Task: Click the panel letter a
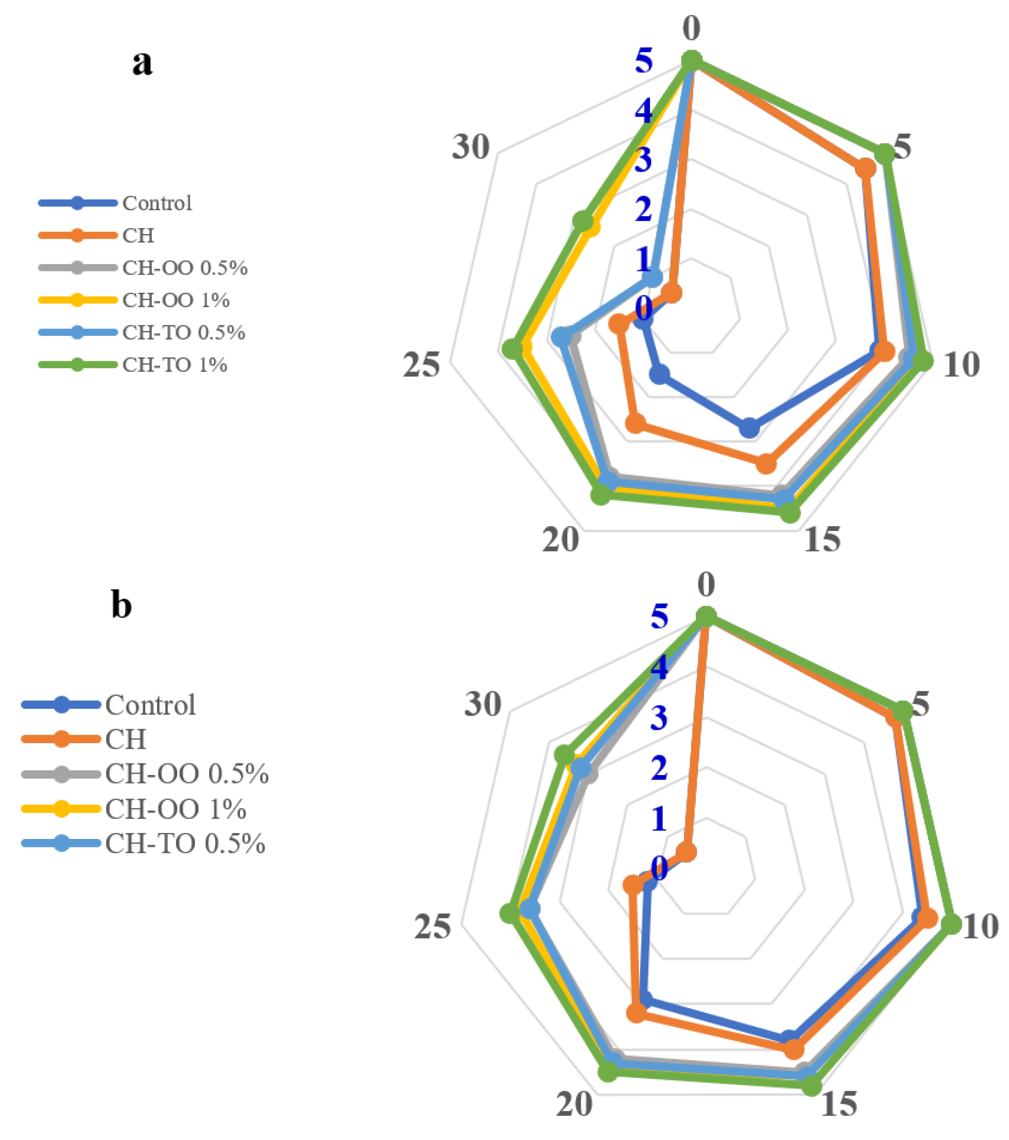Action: [142, 62]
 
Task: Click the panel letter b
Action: [121, 605]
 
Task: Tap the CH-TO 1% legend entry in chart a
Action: [174, 365]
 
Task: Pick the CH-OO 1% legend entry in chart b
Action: [175, 809]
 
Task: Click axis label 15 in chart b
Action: [838, 1103]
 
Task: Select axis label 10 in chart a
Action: [961, 365]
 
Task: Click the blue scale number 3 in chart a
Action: [643, 161]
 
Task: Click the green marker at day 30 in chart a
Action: [583, 221]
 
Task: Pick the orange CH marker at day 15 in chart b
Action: [793, 1050]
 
